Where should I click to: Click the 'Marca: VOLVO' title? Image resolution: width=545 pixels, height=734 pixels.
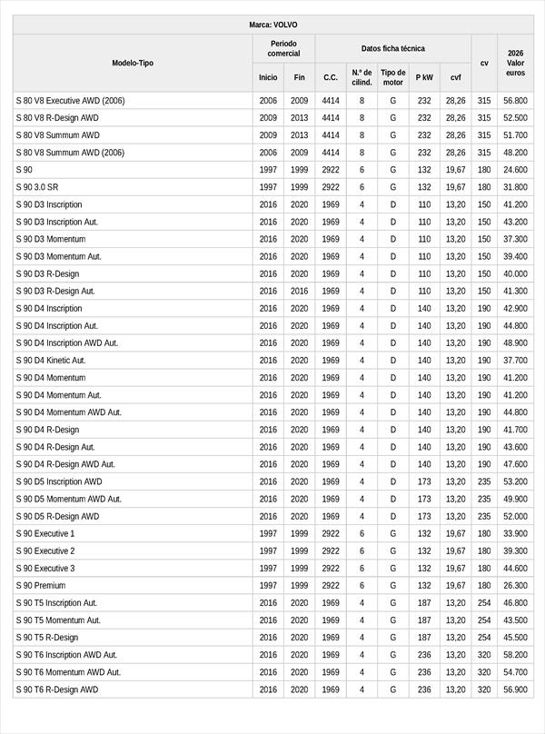click(x=272, y=25)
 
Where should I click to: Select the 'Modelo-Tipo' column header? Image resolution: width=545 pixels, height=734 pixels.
click(x=133, y=63)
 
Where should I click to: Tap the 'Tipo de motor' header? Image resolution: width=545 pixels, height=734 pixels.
click(x=393, y=77)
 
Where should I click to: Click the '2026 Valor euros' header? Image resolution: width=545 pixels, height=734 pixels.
click(x=515, y=63)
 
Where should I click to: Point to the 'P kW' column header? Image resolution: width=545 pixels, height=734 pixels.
click(x=424, y=78)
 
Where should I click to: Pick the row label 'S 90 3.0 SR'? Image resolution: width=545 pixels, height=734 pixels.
click(x=37, y=187)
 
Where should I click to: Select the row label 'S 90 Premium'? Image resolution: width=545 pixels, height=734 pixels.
click(x=41, y=586)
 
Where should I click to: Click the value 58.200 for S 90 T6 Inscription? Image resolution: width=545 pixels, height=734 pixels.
click(x=515, y=655)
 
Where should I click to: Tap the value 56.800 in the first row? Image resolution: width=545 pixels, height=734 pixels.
click(x=515, y=101)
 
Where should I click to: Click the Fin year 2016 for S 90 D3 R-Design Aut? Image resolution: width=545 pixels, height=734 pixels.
click(x=300, y=292)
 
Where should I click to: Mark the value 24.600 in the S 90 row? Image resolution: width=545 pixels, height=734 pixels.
click(x=515, y=170)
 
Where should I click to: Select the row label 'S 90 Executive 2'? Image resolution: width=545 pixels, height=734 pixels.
click(x=45, y=551)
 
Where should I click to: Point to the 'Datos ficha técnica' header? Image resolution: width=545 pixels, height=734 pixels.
click(x=392, y=48)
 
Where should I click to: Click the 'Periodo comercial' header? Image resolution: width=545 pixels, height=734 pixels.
click(x=283, y=48)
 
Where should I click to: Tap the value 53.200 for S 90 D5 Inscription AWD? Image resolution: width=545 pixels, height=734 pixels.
click(x=515, y=482)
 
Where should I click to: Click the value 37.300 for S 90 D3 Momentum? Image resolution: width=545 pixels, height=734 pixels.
click(x=515, y=240)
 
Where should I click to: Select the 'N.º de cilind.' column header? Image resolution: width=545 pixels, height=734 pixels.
click(x=362, y=77)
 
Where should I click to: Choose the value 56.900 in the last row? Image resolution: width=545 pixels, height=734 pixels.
click(x=515, y=690)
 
